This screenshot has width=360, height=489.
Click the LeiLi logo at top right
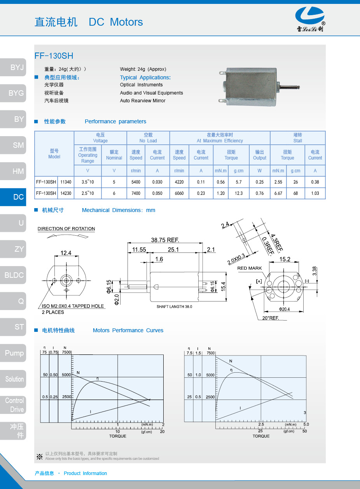tap(310, 19)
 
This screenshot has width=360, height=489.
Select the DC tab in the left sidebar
tap(13, 197)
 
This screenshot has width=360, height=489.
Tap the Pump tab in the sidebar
tap(13, 353)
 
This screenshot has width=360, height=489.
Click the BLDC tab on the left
tap(13, 275)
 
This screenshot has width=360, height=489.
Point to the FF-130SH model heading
tap(54, 56)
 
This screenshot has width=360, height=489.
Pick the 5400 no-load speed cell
tap(136, 182)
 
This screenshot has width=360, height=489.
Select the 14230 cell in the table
tap(66, 193)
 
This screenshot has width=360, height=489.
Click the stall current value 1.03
tap(315, 193)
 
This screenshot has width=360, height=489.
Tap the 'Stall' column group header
tap(297, 138)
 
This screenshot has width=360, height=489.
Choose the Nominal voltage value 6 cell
tap(114, 193)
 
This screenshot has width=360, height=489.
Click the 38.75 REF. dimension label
tap(165, 240)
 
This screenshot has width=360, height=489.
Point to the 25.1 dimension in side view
tap(173, 250)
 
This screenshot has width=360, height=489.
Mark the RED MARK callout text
tap(250, 268)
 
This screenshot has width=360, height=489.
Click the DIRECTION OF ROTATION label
tap(66, 229)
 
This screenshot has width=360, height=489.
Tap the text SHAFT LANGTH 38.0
tap(174, 307)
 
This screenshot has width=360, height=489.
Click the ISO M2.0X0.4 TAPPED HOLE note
tap(73, 306)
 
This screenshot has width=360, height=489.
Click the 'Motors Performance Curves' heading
tap(128, 330)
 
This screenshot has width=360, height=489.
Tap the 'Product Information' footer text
tap(85, 473)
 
